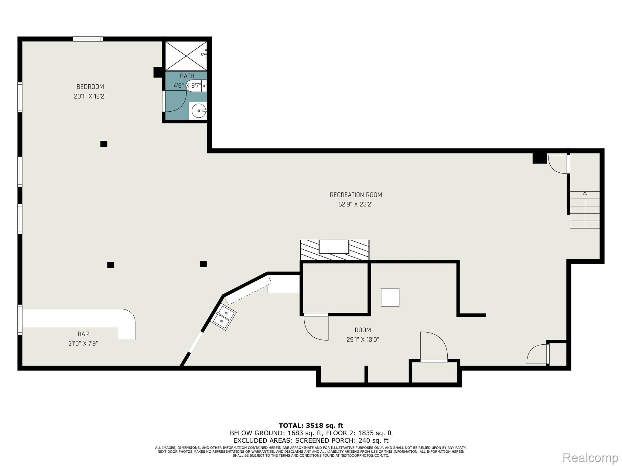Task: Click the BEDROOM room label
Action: point(90,87)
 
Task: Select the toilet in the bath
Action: point(196,86)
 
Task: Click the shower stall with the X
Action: point(186,56)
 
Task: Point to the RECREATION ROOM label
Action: point(356,195)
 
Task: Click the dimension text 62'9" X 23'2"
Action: point(356,204)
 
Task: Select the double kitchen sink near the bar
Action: point(224,317)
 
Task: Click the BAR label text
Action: point(83,334)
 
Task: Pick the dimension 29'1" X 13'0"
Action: point(363,340)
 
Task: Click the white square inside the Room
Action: point(390,297)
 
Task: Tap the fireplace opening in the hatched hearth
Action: point(334,246)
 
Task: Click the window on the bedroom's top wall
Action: point(88,39)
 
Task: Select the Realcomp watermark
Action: point(590,458)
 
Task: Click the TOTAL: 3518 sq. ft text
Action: point(311,426)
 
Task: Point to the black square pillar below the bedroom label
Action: point(104,144)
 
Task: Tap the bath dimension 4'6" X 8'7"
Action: point(187,86)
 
